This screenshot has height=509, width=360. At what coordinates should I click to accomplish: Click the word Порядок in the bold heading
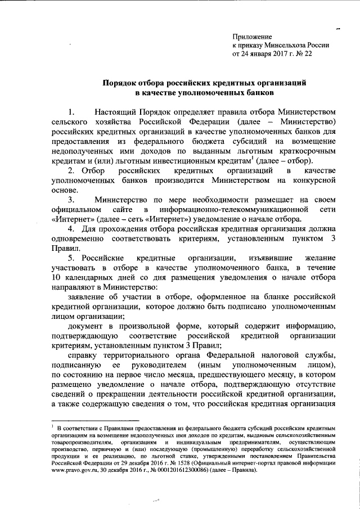120,82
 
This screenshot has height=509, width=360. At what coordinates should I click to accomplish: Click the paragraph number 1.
70,111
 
